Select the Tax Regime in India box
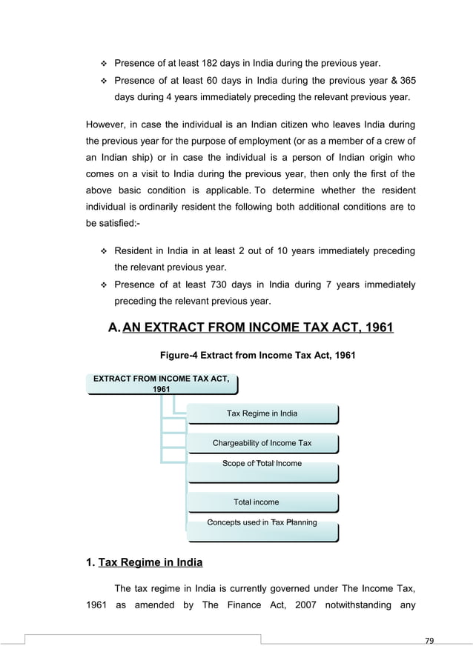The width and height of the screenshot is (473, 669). pos(262,413)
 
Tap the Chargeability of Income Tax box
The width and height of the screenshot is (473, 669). pos(262,443)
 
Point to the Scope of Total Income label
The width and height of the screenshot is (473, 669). pos(262,464)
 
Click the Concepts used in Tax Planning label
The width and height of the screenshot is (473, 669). pos(262,523)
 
